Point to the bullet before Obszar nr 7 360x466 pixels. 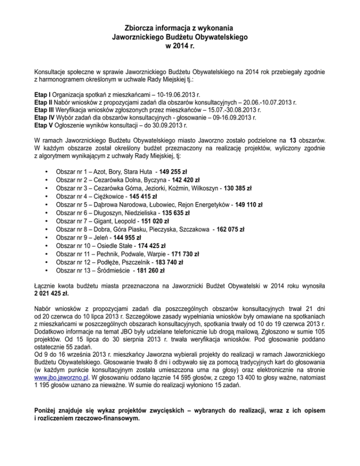click(45, 221)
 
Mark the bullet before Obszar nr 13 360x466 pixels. click(45, 270)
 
